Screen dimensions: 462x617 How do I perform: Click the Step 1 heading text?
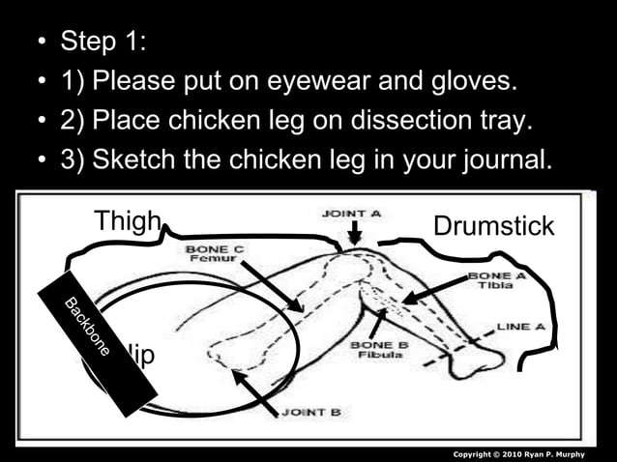101,42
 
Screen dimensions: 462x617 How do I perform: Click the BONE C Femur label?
215,254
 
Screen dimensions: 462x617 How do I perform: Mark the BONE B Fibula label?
378,350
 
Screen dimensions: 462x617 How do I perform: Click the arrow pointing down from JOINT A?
355,232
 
